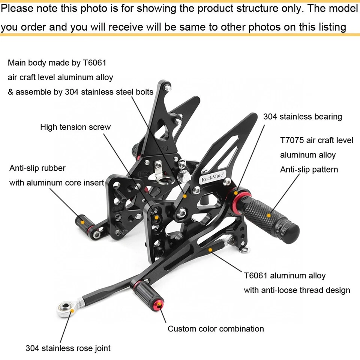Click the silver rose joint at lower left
tap(64, 310)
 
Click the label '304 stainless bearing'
tap(302, 117)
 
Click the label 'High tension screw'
tap(75, 127)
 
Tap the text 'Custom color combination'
tap(216, 329)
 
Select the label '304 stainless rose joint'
tap(68, 348)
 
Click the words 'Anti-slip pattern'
tap(309, 169)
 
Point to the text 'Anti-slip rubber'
tap(37, 168)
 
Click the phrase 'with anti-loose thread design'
tap(297, 290)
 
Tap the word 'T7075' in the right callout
tap(292, 140)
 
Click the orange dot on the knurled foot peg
tap(269, 215)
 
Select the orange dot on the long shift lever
tap(211, 249)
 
